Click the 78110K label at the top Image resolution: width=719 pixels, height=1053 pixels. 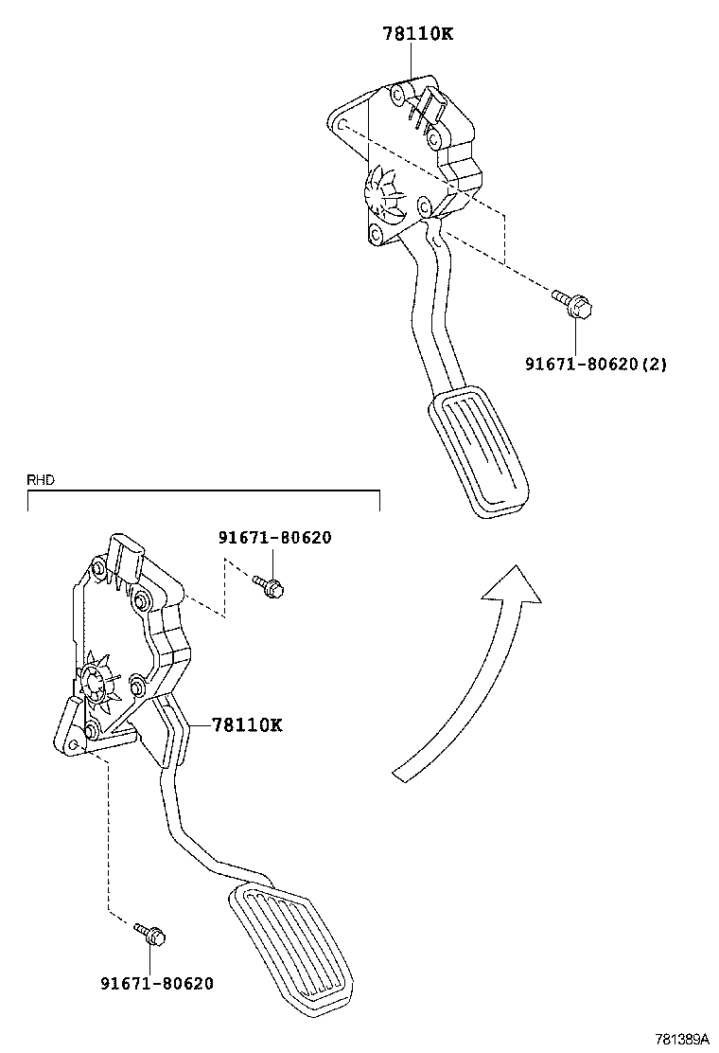[418, 34]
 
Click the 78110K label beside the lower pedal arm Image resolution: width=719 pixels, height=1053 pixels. [247, 725]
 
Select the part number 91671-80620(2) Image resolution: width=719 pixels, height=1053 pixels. [596, 364]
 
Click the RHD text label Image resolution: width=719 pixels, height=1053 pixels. [41, 480]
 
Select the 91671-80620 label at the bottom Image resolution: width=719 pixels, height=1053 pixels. [157, 983]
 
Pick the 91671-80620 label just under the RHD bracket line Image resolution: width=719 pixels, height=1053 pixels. [275, 538]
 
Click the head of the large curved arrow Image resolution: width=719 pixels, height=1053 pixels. [511, 587]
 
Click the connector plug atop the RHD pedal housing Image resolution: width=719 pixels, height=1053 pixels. [127, 555]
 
